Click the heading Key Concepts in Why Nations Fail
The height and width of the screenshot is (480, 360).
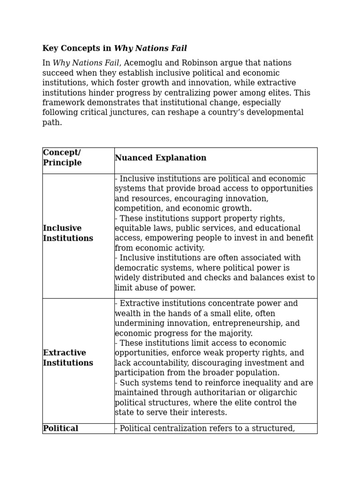pyautogui.click(x=114, y=48)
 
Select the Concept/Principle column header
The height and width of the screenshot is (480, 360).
pyautogui.click(x=62, y=158)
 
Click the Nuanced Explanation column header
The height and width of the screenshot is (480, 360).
pyautogui.click(x=160, y=158)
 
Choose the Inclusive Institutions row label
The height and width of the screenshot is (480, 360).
pyautogui.click(x=68, y=233)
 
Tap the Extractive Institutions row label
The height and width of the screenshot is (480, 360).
pyautogui.click(x=68, y=358)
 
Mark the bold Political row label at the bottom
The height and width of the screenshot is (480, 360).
pyautogui.click(x=60, y=428)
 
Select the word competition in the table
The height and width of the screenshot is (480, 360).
pyautogui.click(x=136, y=209)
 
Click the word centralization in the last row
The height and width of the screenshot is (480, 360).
pyautogui.click(x=181, y=428)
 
